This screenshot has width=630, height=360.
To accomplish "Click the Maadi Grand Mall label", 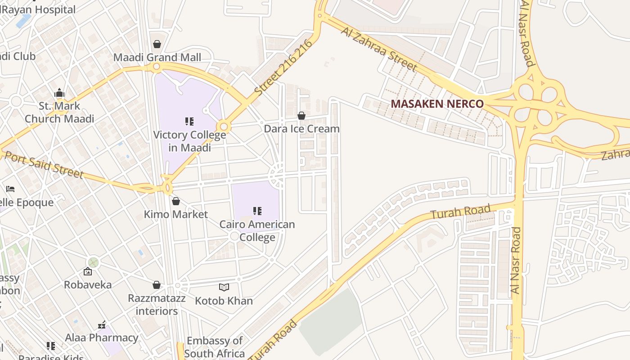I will point(157,58).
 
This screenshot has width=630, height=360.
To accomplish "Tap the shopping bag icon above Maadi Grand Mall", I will point(157,44).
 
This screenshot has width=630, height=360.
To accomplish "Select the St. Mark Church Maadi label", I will point(59,112).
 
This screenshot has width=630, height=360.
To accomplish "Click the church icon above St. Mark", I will point(59,93).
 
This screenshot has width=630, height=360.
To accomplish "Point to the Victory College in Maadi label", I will point(189,141).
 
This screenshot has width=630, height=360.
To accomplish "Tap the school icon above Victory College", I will point(189,121).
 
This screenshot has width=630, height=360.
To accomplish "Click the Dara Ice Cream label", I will point(301,129).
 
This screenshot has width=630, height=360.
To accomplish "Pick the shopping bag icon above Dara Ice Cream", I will point(301,116).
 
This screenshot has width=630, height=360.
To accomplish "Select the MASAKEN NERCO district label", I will point(437,104).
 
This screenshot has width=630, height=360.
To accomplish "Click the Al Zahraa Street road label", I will point(379,49).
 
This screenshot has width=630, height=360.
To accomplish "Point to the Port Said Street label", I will point(44,165).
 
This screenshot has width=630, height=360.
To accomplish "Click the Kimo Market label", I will point(175,214).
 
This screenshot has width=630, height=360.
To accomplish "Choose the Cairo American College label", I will point(257,230).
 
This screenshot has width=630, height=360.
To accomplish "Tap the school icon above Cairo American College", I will point(257,211).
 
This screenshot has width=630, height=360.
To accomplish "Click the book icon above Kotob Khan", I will point(224,287).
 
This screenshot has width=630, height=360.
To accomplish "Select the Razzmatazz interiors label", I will point(157,305).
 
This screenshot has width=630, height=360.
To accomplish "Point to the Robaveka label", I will point(88,284).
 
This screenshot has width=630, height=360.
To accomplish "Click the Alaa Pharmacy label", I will point(102,337).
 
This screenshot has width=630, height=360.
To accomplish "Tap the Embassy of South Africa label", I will point(215,347).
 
